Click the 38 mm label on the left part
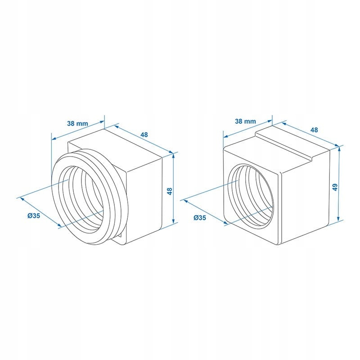point(77,123)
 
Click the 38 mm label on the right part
point(245,121)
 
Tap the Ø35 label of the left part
point(34,216)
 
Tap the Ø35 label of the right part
point(199,217)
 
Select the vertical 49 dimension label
point(335,187)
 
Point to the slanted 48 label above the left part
point(144,135)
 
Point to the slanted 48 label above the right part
point(314,130)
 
